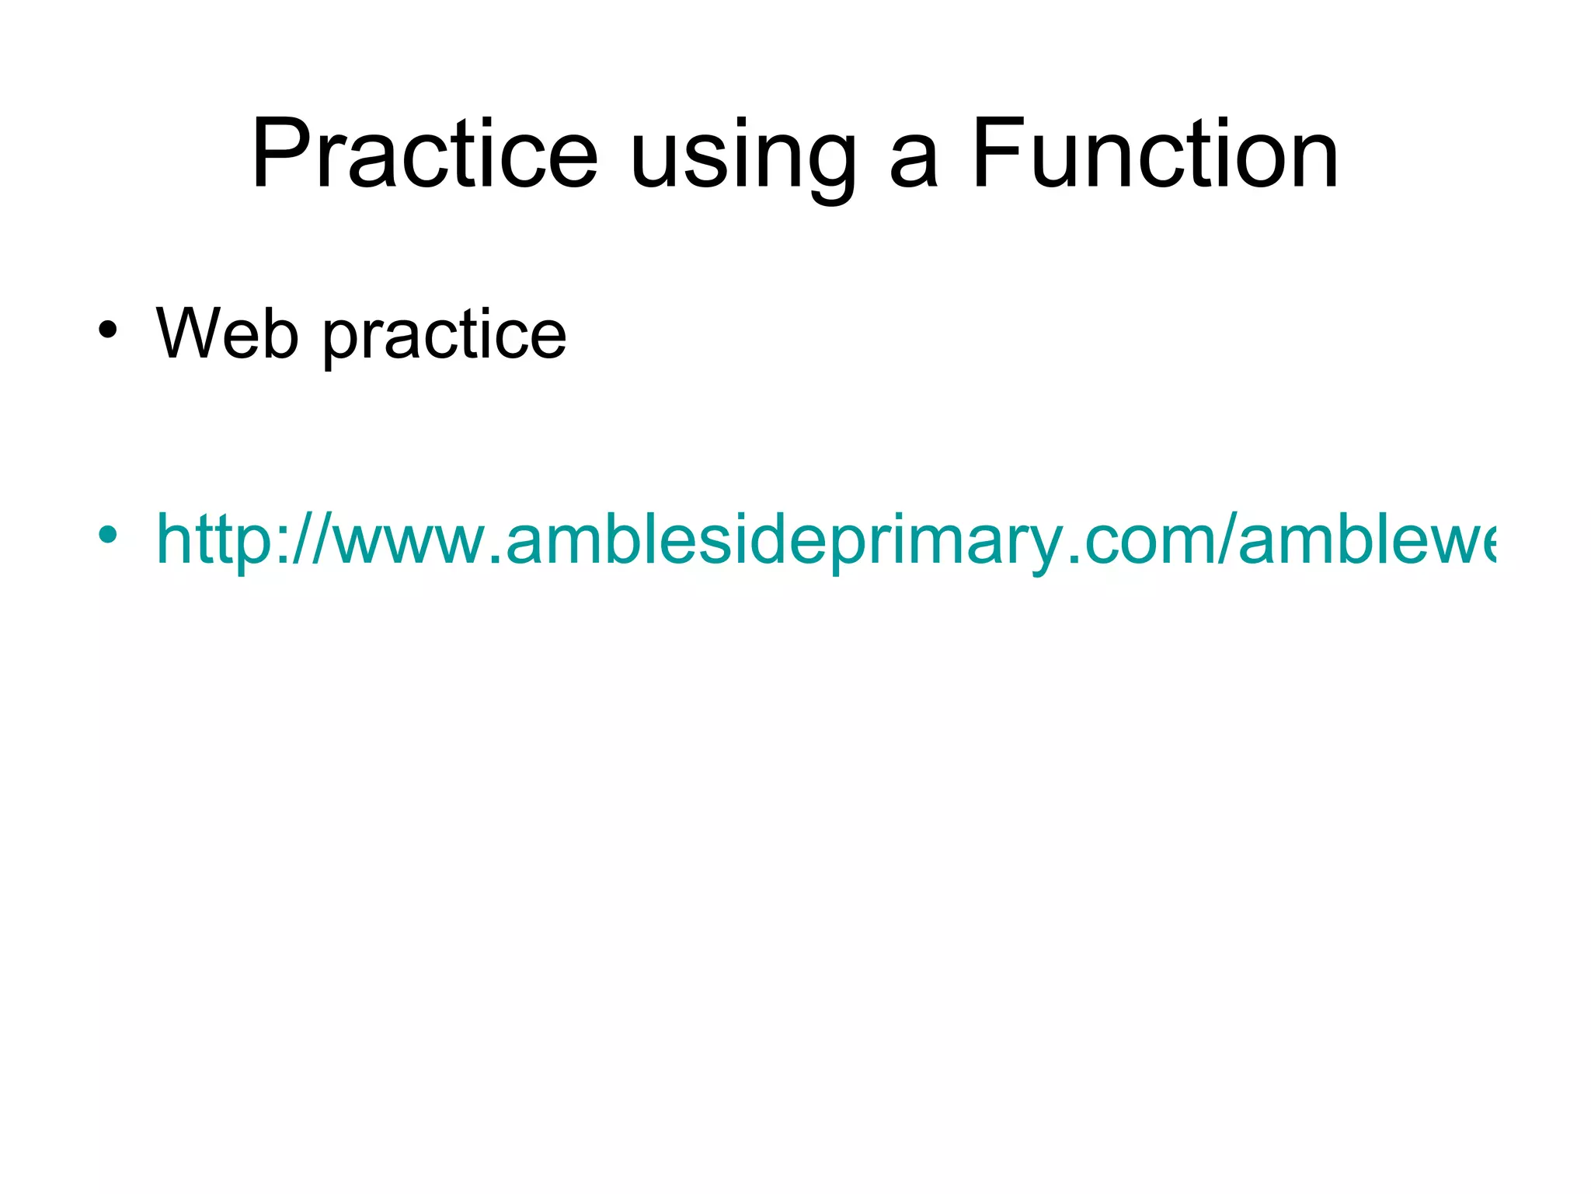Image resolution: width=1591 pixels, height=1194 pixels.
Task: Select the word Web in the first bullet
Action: tap(227, 334)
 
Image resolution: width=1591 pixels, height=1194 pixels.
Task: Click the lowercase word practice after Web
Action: tap(444, 337)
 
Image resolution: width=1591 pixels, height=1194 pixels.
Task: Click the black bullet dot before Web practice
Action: tap(108, 330)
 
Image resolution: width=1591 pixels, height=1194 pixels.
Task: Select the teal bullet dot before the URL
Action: tap(108, 535)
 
